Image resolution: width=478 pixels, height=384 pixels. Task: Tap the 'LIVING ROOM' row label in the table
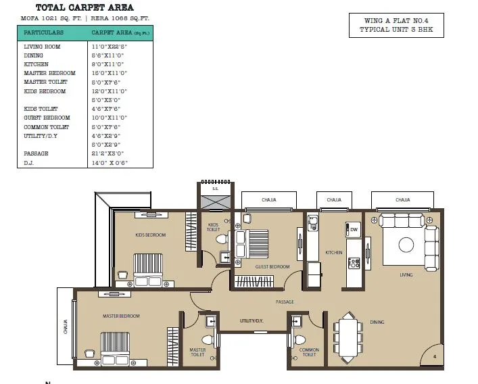coord(42,47)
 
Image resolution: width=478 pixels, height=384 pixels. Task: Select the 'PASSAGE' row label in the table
coord(36,153)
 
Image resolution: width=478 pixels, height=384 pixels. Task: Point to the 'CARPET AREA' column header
coord(112,32)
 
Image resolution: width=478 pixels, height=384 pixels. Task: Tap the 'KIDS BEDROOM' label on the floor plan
coord(150,235)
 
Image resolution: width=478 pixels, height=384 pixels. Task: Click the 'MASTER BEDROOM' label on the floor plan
coord(121,316)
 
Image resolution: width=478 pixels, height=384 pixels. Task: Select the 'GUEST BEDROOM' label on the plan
coord(272,267)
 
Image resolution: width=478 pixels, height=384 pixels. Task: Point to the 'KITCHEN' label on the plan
coord(334,253)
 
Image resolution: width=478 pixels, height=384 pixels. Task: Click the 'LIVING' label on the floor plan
coord(406,275)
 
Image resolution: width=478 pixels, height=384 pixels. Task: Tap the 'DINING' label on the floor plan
coord(377,322)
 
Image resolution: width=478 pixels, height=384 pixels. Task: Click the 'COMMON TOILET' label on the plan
coord(309,352)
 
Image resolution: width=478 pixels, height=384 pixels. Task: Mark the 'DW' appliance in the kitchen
coord(354,230)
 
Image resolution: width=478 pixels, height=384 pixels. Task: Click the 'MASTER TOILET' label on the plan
coord(197,352)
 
